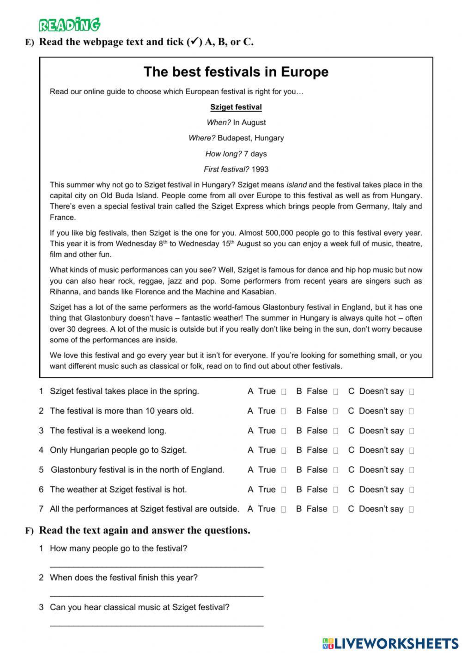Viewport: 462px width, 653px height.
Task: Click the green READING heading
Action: point(69,24)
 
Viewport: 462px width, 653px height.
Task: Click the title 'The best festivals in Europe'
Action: point(236,72)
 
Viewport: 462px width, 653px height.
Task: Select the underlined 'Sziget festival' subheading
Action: point(236,107)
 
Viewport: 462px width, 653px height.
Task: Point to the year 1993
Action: point(260,169)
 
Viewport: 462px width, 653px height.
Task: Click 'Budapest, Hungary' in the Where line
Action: point(250,138)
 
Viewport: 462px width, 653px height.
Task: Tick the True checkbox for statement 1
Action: point(284,392)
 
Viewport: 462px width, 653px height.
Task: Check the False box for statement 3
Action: point(335,431)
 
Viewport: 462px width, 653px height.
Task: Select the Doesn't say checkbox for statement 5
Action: point(412,470)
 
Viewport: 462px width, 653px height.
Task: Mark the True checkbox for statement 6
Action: point(284,490)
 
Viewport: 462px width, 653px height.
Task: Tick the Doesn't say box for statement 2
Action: point(411,411)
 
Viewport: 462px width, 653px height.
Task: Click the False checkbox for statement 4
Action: point(335,451)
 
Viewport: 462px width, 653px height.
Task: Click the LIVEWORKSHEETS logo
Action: point(390,643)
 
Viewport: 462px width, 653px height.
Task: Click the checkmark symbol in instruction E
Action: point(195,42)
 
